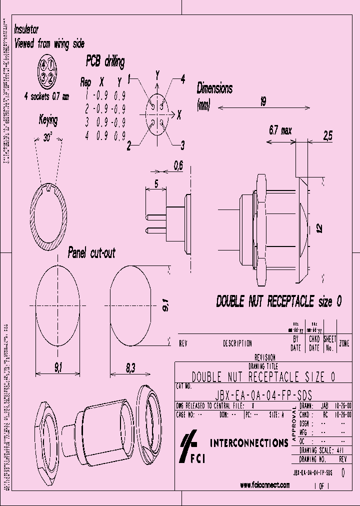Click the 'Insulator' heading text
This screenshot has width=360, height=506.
[x=26, y=30]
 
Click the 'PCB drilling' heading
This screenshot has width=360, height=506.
[x=105, y=61]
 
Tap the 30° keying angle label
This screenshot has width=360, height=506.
[x=48, y=138]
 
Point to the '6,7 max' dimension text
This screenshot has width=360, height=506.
[x=280, y=131]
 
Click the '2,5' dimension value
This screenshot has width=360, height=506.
[x=327, y=135]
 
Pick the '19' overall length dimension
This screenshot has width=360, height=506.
[x=262, y=101]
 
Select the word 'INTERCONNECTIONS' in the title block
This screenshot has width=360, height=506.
[x=248, y=443]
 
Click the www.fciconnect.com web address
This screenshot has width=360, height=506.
[x=264, y=485]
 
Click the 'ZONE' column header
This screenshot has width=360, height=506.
[x=344, y=343]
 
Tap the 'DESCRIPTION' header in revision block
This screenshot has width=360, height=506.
[x=237, y=343]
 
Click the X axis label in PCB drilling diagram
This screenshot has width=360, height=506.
[x=178, y=114]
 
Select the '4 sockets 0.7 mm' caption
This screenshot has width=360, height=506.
[x=46, y=96]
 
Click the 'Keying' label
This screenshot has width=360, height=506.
[x=48, y=120]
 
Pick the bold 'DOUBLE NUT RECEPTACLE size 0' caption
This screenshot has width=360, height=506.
[x=279, y=301]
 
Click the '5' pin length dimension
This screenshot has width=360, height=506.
[x=156, y=184]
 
